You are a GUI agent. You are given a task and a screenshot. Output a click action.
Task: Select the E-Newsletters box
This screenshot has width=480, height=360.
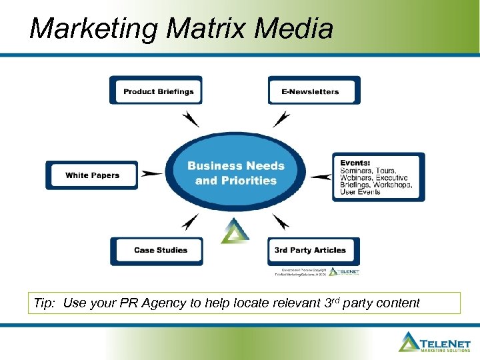click(x=314, y=91)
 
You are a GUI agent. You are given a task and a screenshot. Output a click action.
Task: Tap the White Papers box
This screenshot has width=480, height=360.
click(x=92, y=175)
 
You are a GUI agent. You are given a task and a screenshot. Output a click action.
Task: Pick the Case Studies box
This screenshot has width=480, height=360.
click(x=157, y=251)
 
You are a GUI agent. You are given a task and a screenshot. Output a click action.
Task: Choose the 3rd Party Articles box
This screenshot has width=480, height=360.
click(x=313, y=251)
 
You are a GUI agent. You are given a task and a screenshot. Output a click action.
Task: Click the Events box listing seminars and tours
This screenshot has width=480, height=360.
click(x=378, y=177)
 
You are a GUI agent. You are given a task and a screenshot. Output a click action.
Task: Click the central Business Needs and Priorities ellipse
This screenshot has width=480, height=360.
click(x=235, y=173)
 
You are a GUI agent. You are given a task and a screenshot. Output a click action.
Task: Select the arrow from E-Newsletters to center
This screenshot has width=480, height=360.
click(x=281, y=119)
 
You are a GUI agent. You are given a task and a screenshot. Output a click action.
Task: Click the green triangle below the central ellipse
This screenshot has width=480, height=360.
click(x=235, y=231)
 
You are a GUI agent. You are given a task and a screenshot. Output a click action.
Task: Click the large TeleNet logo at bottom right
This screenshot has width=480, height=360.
click(x=436, y=341)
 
